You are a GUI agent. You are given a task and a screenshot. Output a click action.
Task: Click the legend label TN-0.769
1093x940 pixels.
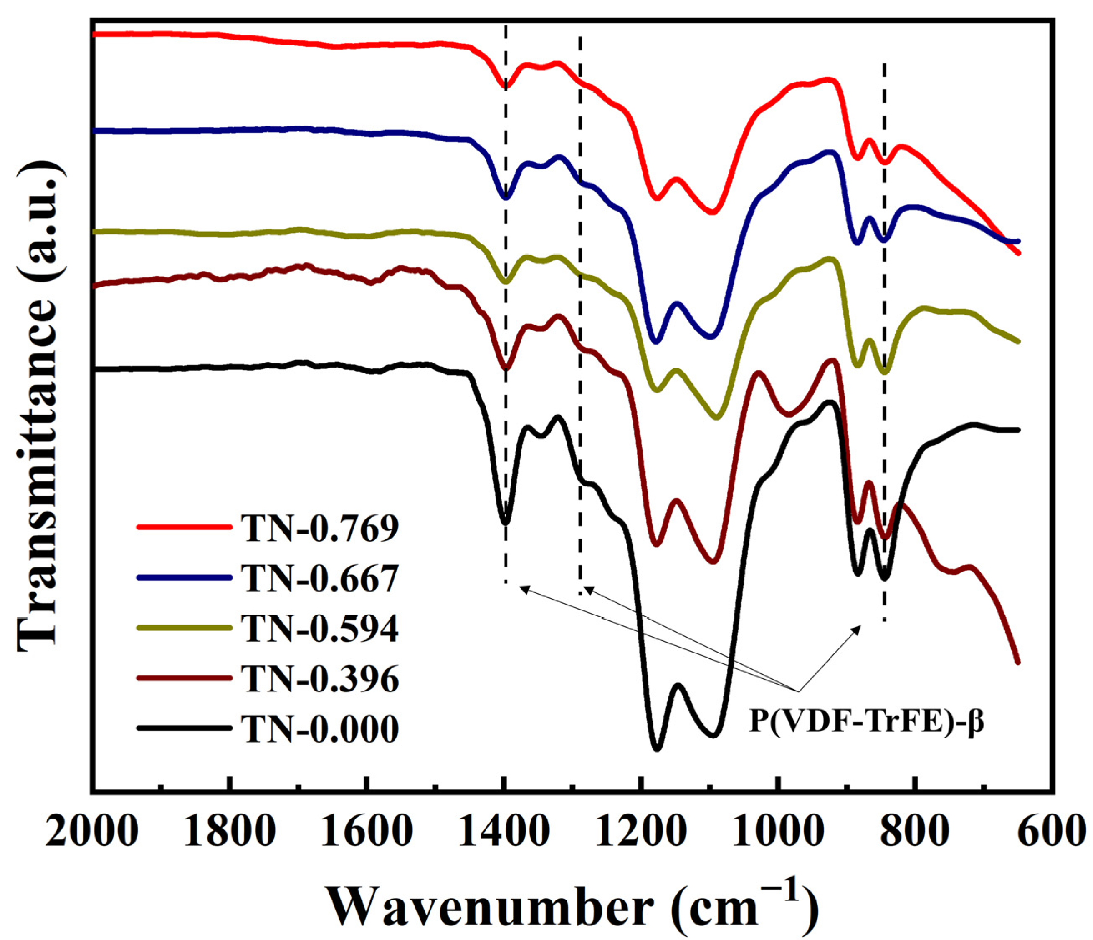point(320,528)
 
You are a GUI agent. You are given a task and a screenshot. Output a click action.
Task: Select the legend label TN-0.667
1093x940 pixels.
point(320,578)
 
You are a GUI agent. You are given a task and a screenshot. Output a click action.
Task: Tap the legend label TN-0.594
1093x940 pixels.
point(320,628)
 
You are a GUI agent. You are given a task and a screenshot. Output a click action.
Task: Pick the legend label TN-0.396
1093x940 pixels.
point(320,679)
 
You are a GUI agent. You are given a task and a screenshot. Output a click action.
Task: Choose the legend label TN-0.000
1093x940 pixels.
point(320,729)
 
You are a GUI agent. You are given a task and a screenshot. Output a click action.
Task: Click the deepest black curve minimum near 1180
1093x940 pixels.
point(657,748)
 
